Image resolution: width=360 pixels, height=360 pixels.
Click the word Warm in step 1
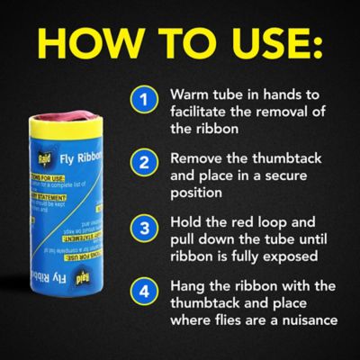[x=187, y=94]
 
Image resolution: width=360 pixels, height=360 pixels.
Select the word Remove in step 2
[x=196, y=157]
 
